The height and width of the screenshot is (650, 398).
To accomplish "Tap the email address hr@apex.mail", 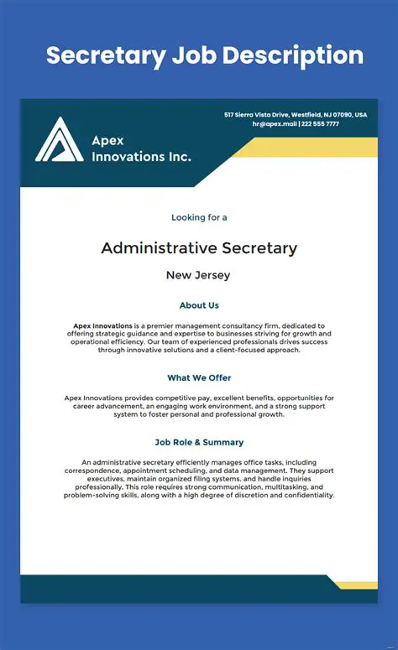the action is pyautogui.click(x=274, y=123).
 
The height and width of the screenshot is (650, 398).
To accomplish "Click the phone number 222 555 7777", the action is pyautogui.click(x=321, y=123).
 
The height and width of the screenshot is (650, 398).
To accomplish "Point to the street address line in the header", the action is pyautogui.click(x=295, y=114).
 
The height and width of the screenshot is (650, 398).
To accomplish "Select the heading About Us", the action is pyautogui.click(x=199, y=305).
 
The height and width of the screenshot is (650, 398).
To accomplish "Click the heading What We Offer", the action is pyautogui.click(x=199, y=378).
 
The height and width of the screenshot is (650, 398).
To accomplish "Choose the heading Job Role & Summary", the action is pyautogui.click(x=199, y=442).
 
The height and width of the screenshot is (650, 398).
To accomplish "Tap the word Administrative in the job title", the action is pyautogui.click(x=159, y=248).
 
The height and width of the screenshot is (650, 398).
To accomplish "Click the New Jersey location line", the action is pyautogui.click(x=198, y=275).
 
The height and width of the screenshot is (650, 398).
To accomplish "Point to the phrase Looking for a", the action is pyautogui.click(x=199, y=217).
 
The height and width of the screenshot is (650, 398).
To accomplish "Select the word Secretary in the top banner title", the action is pyautogui.click(x=106, y=56).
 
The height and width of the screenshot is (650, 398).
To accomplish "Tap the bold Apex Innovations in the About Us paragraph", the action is pyautogui.click(x=102, y=325).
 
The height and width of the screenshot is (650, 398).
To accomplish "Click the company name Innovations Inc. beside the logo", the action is pyautogui.click(x=141, y=156).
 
